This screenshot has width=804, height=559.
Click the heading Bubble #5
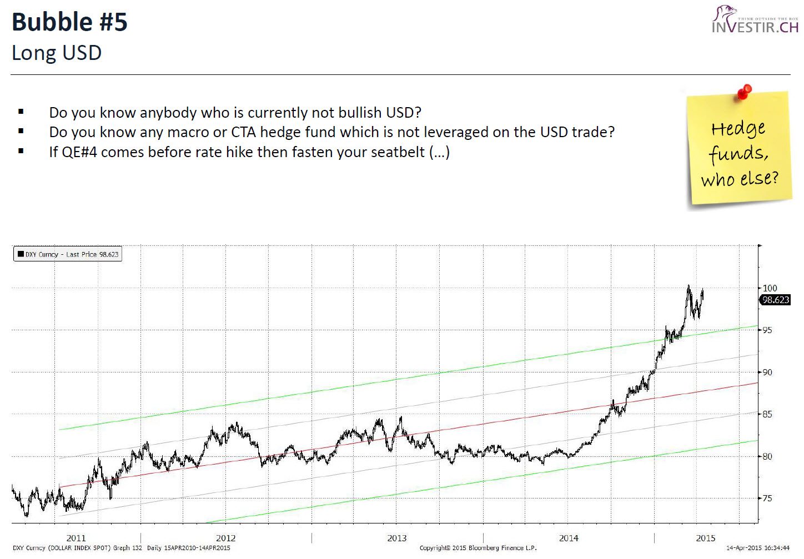(x=69, y=22)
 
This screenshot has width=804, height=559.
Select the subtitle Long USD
(x=57, y=53)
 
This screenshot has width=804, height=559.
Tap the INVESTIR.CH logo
(x=755, y=21)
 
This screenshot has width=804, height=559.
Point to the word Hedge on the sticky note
(x=738, y=129)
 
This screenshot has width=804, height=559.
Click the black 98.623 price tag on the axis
(x=775, y=300)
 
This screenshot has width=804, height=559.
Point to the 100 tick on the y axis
(x=770, y=288)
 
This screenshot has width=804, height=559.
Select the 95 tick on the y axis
(x=767, y=330)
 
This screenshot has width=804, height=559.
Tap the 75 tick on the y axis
(x=767, y=498)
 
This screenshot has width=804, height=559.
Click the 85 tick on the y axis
(x=767, y=414)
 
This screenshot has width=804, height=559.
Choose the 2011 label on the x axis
(x=76, y=538)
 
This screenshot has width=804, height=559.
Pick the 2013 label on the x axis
(x=396, y=538)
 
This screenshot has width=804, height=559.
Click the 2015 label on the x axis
(x=706, y=538)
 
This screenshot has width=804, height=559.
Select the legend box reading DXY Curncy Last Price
(x=68, y=254)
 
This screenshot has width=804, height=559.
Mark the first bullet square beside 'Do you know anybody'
(x=21, y=112)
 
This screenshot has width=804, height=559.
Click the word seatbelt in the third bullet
(x=398, y=152)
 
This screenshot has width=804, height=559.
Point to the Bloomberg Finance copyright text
(x=478, y=548)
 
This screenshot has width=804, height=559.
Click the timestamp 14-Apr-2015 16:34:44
(x=758, y=548)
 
